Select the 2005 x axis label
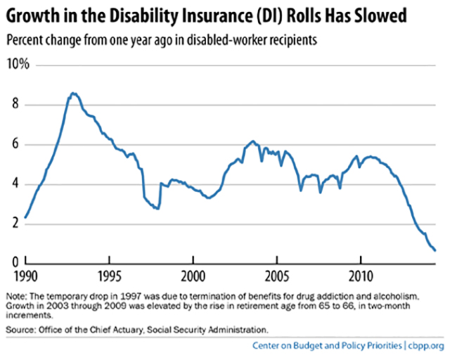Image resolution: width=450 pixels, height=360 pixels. [x=277, y=274]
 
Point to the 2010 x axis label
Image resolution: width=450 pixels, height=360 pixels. [x=361, y=274]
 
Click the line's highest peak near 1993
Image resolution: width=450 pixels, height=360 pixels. [x=73, y=93]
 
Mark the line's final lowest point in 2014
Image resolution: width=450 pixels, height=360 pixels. [x=435, y=250]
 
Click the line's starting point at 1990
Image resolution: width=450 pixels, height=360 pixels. [x=25, y=217]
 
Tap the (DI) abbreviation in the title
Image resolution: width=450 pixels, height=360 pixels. [x=244, y=13]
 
